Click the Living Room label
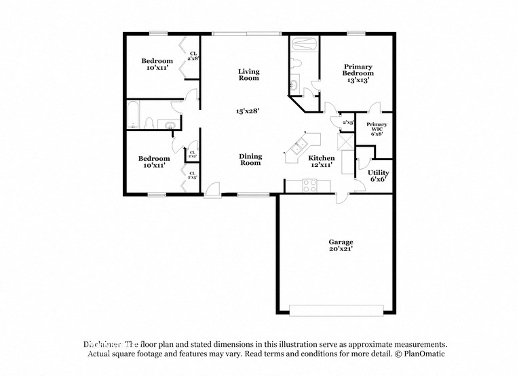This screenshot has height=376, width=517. coord(249,75)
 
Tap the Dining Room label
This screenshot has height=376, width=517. coord(250,159)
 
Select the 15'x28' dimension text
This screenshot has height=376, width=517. coord(248,110)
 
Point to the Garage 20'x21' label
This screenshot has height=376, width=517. coord(341,245)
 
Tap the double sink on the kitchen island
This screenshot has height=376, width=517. coord(299,147)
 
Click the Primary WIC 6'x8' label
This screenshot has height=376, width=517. coord(377,129)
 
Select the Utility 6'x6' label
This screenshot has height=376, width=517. coord(378,176)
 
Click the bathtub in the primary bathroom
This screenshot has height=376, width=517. coord(304,45)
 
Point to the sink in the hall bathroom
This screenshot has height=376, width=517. coord(167,124)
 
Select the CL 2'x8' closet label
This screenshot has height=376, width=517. coord(193,56)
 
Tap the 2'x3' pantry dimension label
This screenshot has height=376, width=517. coord(348,123)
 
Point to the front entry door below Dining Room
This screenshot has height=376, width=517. coord(213,194)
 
